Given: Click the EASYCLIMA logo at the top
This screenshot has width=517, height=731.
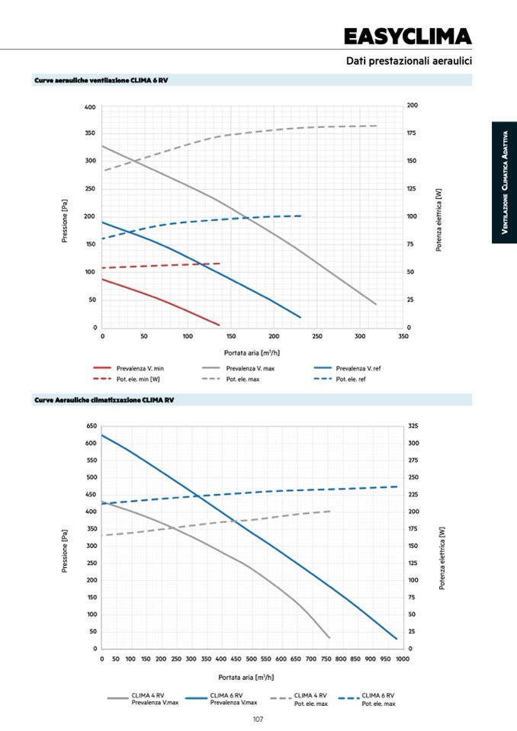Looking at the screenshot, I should pyautogui.click(x=407, y=37).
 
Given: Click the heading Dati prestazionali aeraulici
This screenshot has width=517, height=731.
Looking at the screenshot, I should pyautogui.click(x=409, y=60).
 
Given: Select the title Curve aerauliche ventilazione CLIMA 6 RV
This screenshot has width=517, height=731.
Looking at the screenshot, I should pyautogui.click(x=101, y=80).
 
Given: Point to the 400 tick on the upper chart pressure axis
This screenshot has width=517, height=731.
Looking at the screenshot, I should pyautogui.click(x=89, y=107).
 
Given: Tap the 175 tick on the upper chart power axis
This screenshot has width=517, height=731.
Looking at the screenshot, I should pyautogui.click(x=413, y=133).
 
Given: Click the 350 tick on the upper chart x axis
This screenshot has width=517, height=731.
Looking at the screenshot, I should pyautogui.click(x=403, y=336).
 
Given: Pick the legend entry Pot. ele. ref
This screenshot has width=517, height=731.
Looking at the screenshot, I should pyautogui.click(x=352, y=379).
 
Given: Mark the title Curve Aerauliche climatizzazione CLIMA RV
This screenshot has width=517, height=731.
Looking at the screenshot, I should pyautogui.click(x=104, y=399).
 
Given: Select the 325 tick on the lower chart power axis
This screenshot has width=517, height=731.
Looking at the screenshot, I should pyautogui.click(x=413, y=426).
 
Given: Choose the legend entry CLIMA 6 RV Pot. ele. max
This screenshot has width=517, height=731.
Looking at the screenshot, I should pyautogui.click(x=377, y=699).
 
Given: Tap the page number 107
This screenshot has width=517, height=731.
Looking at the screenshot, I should pyautogui.click(x=258, y=719).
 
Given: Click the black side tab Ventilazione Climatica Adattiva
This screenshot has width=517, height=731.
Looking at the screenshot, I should pyautogui.click(x=504, y=183).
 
